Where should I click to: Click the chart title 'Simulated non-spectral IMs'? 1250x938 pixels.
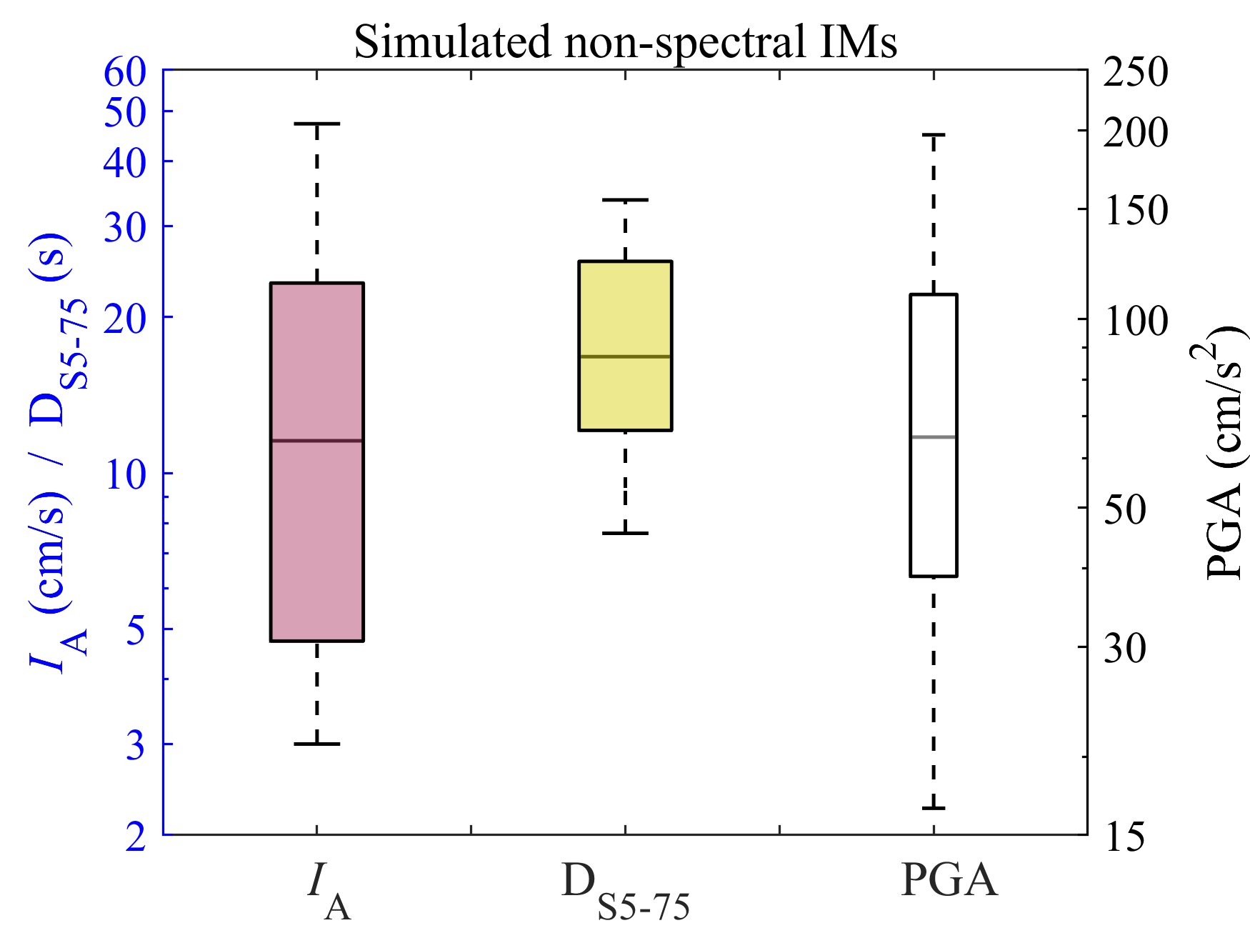(625, 41)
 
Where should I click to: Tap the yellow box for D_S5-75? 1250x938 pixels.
(625, 307)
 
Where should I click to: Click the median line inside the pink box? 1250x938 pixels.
(316, 441)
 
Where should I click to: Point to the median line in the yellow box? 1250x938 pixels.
(625, 356)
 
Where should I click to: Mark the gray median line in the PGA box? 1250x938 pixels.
(933, 436)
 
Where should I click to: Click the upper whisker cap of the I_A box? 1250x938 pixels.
(316, 124)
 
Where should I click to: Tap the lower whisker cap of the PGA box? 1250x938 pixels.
(933, 808)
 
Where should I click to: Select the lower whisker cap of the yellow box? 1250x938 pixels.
(625, 533)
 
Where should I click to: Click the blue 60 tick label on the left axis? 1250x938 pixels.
(125, 73)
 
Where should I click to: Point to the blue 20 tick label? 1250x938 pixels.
(125, 318)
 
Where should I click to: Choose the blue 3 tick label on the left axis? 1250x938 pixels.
(135, 746)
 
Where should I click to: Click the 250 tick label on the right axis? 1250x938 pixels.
(1135, 73)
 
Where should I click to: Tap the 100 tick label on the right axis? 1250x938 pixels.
(1135, 321)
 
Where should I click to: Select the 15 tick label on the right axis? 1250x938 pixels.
(1124, 836)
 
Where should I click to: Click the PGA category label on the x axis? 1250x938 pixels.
(949, 880)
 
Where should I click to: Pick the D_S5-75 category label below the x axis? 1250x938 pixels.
(625, 889)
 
